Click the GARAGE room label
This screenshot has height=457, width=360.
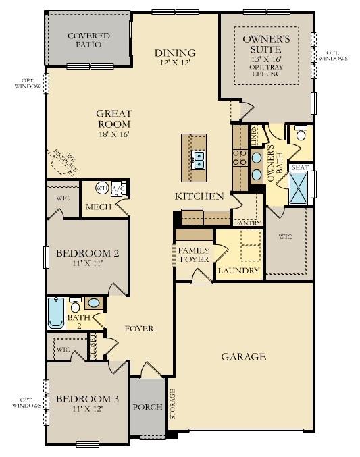[244, 356]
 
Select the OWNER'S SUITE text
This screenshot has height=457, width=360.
[266, 45]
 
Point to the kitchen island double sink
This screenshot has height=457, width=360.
[199, 160]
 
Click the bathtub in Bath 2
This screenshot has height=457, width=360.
[56, 313]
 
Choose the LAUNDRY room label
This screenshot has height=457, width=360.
[238, 271]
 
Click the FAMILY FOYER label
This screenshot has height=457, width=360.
[194, 254]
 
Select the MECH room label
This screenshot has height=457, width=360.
[96, 207]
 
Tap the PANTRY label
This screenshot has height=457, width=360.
[247, 222]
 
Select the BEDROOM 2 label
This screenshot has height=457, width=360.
[88, 253]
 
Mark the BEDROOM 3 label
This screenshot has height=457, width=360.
[87, 399]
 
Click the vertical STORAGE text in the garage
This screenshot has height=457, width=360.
[172, 404]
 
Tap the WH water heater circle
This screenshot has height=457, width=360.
[102, 188]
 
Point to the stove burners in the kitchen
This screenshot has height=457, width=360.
[238, 157]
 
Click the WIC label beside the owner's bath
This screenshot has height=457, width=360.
[288, 237]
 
